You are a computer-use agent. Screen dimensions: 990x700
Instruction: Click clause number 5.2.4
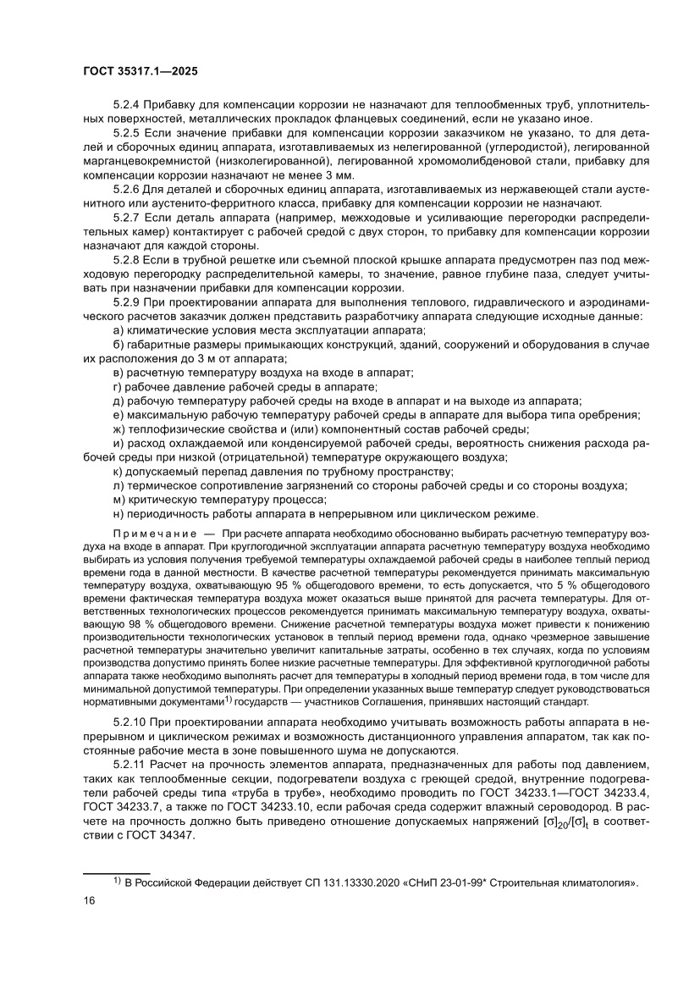126,104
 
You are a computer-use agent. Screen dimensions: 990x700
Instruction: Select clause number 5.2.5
126,133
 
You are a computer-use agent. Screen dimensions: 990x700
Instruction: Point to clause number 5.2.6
126,191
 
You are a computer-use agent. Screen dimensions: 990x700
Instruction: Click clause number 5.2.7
126,220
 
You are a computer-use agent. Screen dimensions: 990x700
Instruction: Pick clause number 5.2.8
126,263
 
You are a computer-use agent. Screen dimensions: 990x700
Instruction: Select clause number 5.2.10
130,720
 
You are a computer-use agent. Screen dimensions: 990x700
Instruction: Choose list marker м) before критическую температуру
118,500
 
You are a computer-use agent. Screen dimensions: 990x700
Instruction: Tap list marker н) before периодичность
118,514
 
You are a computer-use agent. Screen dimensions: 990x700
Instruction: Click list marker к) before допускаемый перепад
118,471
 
